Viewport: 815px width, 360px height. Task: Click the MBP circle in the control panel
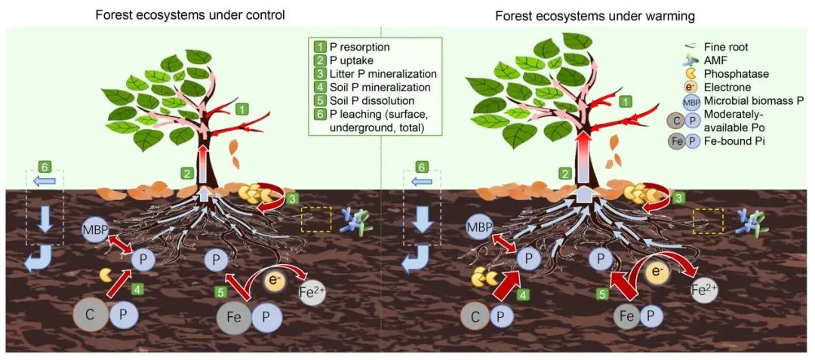click(x=97, y=227)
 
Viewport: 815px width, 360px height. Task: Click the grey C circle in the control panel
click(x=90, y=315)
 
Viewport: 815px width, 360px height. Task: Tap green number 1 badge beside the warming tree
click(x=624, y=101)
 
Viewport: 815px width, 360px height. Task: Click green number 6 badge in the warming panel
click(x=423, y=166)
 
